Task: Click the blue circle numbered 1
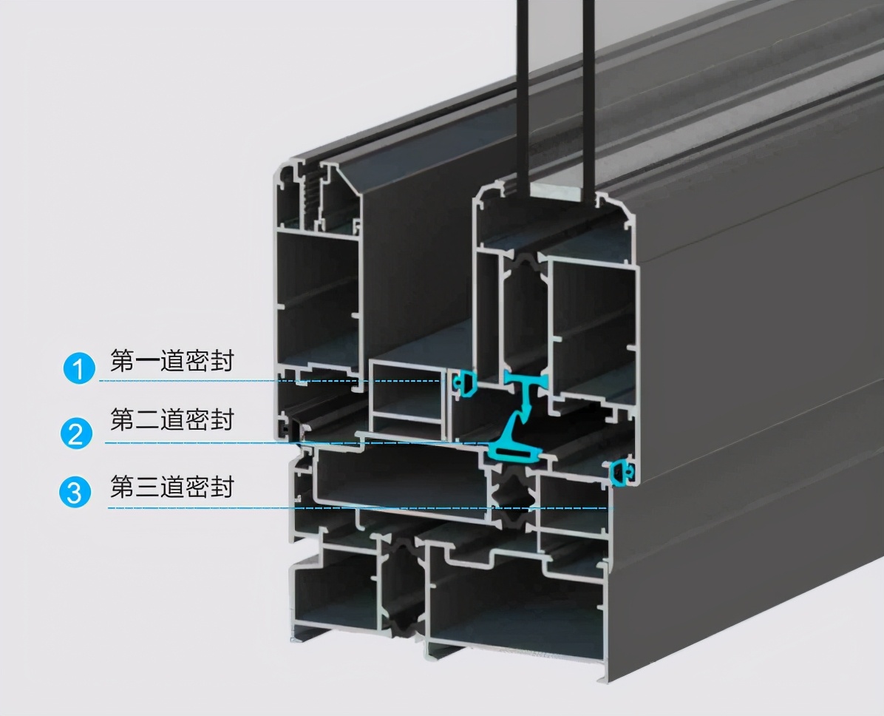(x=78, y=368)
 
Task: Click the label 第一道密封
(x=171, y=361)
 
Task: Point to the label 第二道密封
(x=171, y=420)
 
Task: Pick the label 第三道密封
(x=171, y=487)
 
